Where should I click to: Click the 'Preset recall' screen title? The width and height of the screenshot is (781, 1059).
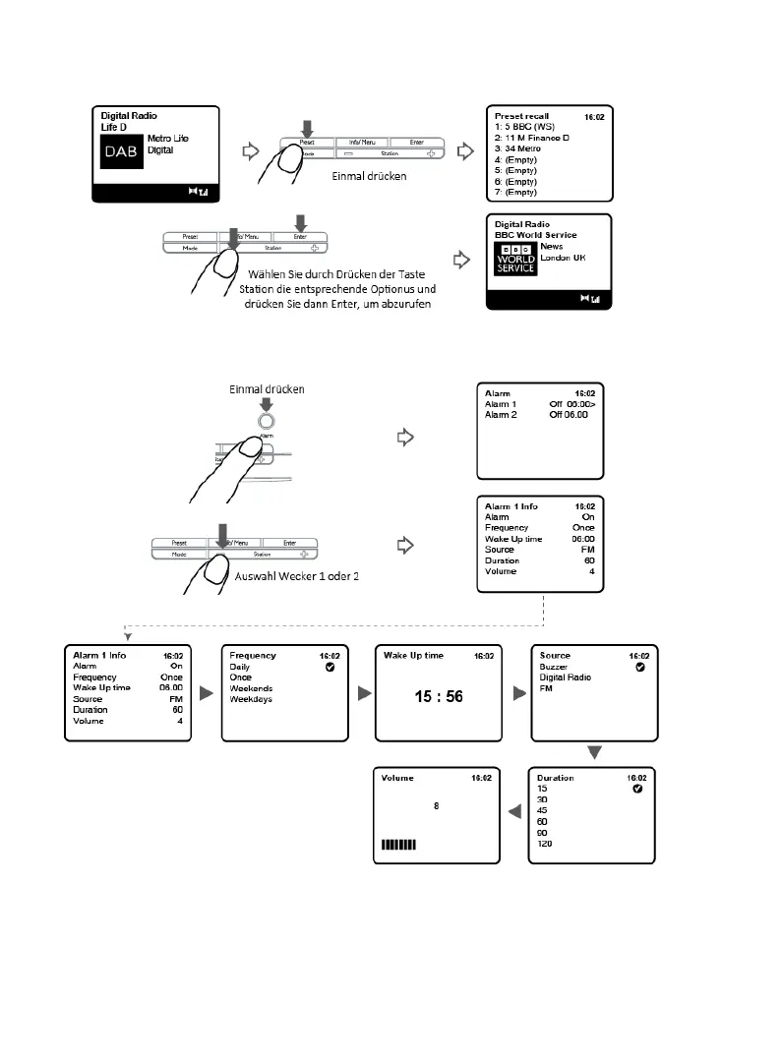coord(523,116)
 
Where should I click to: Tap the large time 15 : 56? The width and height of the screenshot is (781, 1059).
coord(437,697)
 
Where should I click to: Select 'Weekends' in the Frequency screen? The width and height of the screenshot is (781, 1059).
coord(251,688)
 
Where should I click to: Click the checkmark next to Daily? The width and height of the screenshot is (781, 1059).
coord(330,667)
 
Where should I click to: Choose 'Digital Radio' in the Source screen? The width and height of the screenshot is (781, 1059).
coord(566,677)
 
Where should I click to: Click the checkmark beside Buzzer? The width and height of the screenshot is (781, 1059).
coord(639,667)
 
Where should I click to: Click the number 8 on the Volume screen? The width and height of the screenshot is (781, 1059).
coord(436,806)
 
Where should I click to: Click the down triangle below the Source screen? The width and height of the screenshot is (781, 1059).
coord(595,752)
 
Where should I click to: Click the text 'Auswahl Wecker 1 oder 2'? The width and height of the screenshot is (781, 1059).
coord(295,575)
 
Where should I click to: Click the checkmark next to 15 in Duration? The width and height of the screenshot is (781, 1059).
coord(636,790)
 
